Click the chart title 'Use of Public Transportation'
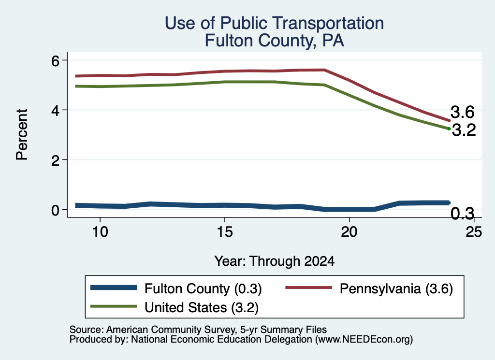pos(275,23)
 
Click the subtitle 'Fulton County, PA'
pos(275,41)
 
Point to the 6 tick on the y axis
pos(55,60)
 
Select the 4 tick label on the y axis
pos(55,110)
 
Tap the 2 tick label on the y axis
pos(55,160)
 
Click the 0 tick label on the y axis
pos(55,210)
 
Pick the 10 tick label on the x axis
pos(100,232)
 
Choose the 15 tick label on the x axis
pos(225,232)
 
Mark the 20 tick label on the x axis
pos(349,232)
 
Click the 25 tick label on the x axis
pos(474,232)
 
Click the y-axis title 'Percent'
pos(22,135)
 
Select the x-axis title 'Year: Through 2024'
pos(275,261)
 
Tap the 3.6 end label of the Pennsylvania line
pos(463,112)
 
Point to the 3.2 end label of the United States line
pos(464,130)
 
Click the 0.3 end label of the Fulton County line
pos(463,214)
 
